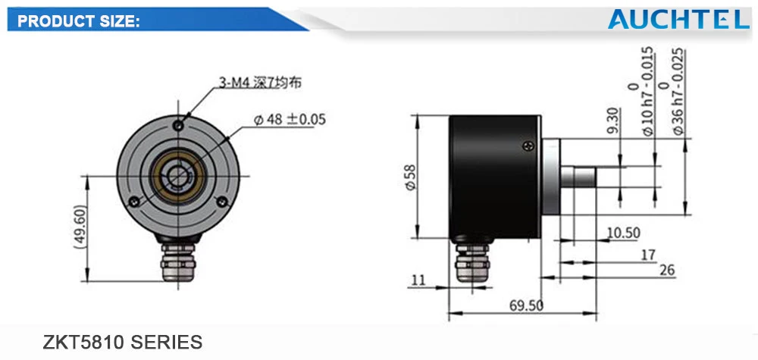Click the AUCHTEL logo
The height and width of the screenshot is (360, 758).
point(678,19)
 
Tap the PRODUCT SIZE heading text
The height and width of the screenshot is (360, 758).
point(79,22)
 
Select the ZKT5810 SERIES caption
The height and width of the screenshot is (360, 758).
point(123,342)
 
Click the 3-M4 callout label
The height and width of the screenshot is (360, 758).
point(260,83)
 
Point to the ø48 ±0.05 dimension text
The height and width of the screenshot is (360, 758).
point(290,119)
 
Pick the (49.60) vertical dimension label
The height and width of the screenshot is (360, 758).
point(80,227)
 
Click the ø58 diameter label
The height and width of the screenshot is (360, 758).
point(410,177)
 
